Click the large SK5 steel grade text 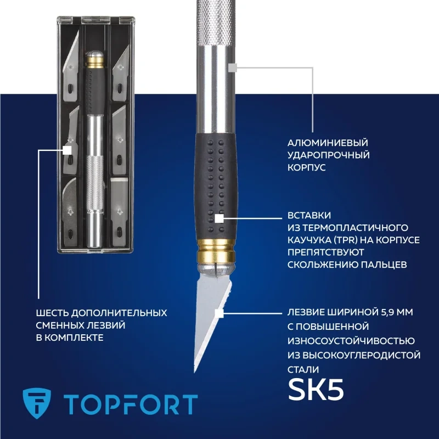[316, 390]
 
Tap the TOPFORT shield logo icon [37, 403]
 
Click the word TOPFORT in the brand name [131, 404]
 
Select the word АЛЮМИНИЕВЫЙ [328, 143]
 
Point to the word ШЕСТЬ [52, 313]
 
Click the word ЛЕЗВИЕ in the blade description [305, 312]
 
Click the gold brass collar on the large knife [216, 250]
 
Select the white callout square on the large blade [219, 313]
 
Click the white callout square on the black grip [219, 218]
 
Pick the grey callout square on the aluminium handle [233, 67]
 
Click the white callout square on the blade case [67, 150]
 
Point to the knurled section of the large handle [215, 22]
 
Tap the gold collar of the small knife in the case [95, 62]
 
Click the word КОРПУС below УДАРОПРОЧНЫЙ [306, 167]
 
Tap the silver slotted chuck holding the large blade [216, 269]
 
